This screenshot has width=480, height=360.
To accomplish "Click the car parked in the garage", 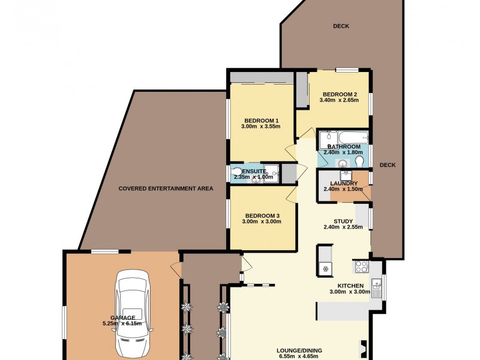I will [x=133, y=313].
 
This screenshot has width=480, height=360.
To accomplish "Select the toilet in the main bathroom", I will [x=359, y=163].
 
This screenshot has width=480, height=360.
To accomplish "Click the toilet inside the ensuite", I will [x=238, y=173].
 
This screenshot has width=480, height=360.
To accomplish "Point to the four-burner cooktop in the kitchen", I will [x=361, y=266].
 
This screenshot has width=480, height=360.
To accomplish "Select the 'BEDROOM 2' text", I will [x=340, y=94].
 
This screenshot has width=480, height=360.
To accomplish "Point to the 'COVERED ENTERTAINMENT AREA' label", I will [x=166, y=188].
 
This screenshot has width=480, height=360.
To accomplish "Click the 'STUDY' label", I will [x=344, y=221].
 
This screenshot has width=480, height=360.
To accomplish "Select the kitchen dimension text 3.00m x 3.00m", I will [x=349, y=292].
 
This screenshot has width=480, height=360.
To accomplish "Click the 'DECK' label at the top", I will [x=341, y=26].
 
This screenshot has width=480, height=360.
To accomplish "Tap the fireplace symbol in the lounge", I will [x=363, y=347].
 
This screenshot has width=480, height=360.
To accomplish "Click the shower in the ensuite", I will [x=272, y=173].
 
